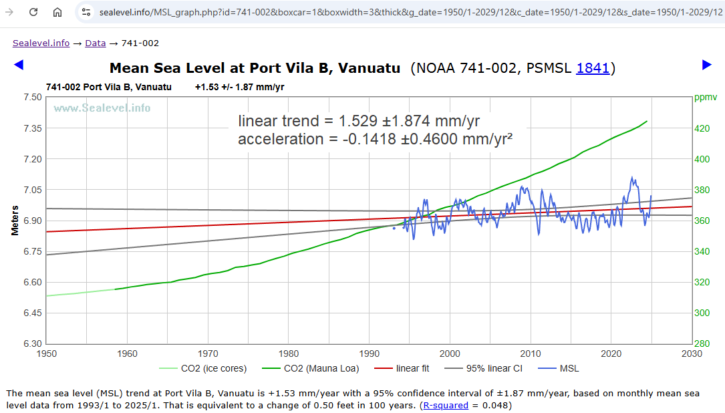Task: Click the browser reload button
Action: click(33, 12)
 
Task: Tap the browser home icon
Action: click(57, 12)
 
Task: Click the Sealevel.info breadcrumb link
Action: click(41, 43)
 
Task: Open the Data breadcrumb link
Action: click(95, 43)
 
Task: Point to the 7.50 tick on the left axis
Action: click(31, 97)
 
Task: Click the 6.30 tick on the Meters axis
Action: click(31, 343)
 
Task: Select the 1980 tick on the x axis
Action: click(289, 354)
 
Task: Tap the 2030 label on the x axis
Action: click(692, 354)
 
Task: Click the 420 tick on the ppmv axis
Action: click(704, 128)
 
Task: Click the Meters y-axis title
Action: click(15, 221)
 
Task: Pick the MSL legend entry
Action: click(569, 369)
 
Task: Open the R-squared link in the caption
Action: click(446, 405)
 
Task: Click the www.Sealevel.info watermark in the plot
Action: click(102, 108)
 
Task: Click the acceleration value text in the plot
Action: click(375, 139)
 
